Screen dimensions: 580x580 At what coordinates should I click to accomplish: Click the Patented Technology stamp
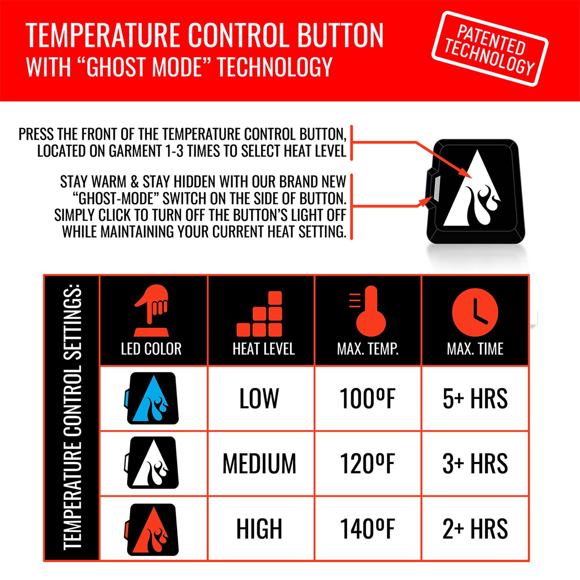[x=490, y=49]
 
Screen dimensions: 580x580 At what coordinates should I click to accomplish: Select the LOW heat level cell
[x=259, y=398]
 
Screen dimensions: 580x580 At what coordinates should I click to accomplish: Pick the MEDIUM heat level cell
[x=259, y=463]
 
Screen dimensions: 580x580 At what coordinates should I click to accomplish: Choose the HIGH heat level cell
[x=259, y=529]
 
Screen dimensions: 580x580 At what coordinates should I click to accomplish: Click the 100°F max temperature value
[x=367, y=398]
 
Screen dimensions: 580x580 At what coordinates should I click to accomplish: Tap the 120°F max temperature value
[x=367, y=463]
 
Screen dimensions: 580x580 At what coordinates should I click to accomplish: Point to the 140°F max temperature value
[x=367, y=529]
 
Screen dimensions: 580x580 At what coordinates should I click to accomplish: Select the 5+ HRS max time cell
[x=475, y=398]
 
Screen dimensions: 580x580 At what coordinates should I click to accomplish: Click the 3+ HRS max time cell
[x=475, y=463]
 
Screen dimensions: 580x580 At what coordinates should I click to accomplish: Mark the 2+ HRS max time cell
[x=475, y=529]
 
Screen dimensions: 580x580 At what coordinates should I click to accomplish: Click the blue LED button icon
[x=152, y=398]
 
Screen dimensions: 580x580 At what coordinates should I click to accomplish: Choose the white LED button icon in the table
[x=152, y=463]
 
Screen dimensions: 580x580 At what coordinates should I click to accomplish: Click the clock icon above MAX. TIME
[x=475, y=313]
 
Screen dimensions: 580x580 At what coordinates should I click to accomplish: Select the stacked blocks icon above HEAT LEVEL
[x=260, y=315]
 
